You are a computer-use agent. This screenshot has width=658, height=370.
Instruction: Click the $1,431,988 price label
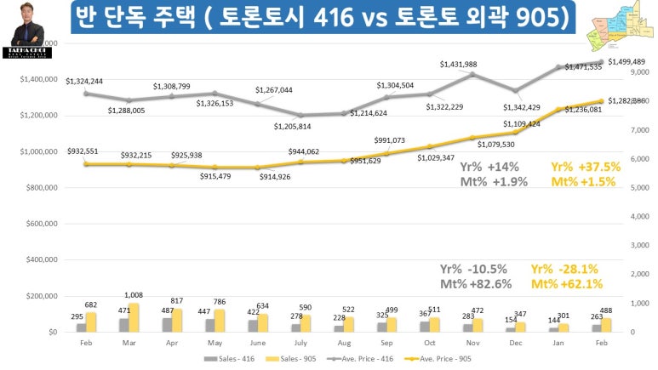tap(459, 65)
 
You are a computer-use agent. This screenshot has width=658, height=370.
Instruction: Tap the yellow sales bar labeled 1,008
tap(134, 317)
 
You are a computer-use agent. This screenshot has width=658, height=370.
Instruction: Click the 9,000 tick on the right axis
tap(637, 73)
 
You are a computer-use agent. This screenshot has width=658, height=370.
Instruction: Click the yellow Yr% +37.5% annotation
tap(586, 168)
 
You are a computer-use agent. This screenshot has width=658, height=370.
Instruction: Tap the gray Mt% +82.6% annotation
tap(475, 283)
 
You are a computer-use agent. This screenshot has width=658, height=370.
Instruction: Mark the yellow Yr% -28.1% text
tap(564, 268)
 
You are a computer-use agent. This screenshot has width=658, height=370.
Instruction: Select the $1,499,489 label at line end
tap(626, 62)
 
